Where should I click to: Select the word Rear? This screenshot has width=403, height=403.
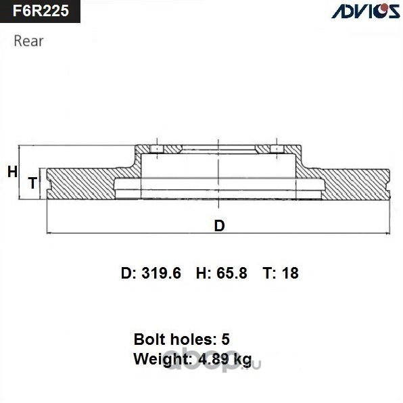[28, 41]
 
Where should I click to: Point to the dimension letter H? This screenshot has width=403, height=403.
[11, 172]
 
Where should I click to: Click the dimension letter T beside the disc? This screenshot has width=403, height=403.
[32, 183]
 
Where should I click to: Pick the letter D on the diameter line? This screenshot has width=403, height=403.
[218, 226]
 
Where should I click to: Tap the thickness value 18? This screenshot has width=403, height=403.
[291, 273]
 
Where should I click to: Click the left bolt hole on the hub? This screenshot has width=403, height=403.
[157, 149]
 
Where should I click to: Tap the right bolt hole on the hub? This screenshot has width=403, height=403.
[276, 149]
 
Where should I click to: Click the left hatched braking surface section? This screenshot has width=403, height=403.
[81, 183]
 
